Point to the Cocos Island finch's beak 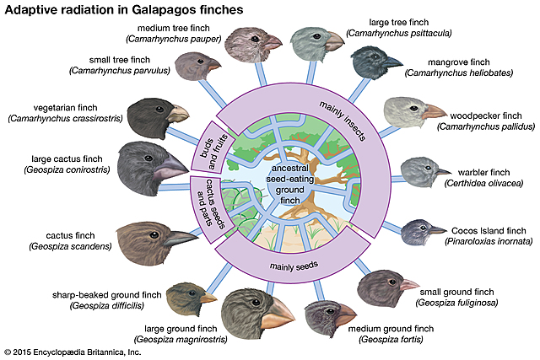(x=437, y=228)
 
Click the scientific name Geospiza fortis (x=396, y=340)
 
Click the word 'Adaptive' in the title (x=30, y=9)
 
